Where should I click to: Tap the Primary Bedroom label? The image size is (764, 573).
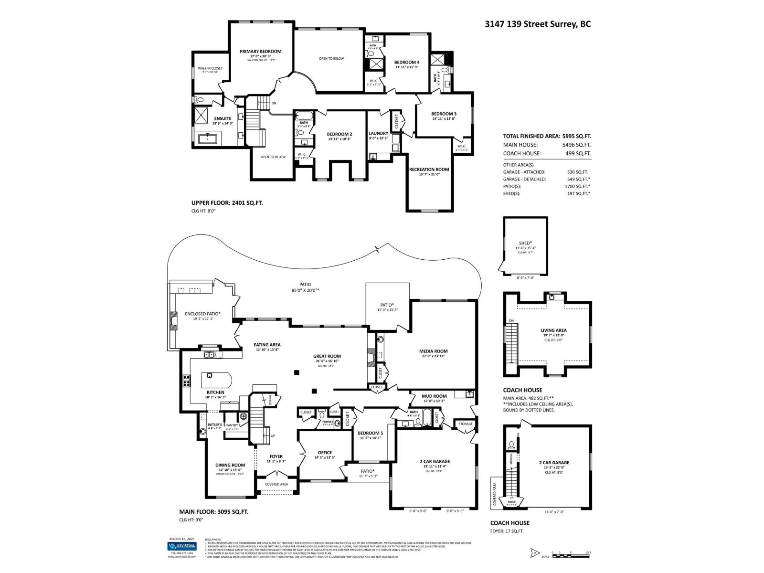(260, 52)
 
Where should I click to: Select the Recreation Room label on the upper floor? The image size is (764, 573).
(429, 169)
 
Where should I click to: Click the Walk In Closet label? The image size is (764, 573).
(210, 68)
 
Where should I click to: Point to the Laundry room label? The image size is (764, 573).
(378, 133)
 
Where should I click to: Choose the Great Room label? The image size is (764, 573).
(327, 356)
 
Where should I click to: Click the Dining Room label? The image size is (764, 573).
(230, 465)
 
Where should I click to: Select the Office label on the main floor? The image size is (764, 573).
(325, 453)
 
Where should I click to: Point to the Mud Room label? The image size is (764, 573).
(434, 396)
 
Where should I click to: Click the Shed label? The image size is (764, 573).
(525, 243)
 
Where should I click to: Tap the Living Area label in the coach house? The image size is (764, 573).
(553, 330)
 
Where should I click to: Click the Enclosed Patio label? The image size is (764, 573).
(202, 314)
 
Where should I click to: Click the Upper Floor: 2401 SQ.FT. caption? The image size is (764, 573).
(227, 202)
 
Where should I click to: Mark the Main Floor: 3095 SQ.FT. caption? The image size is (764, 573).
(213, 511)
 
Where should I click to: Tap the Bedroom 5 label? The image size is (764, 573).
(371, 433)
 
